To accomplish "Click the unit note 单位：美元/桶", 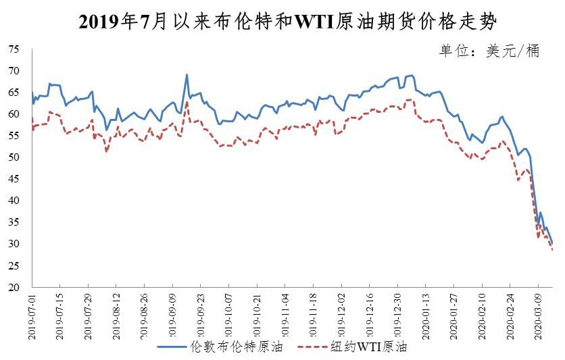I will [x=489, y=51].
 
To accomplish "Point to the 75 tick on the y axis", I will [x=14, y=49].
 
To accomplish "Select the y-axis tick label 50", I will [x=14, y=157].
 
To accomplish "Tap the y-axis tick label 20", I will [x=14, y=287].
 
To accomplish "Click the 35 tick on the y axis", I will [x=14, y=222].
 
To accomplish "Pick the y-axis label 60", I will [x=14, y=114].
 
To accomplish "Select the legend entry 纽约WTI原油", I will [x=368, y=348].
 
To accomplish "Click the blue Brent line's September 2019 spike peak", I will [x=187, y=75].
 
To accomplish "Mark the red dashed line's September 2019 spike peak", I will [x=187, y=101].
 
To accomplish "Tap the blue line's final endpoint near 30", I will [x=553, y=244].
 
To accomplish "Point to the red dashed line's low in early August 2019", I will [x=107, y=151].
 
